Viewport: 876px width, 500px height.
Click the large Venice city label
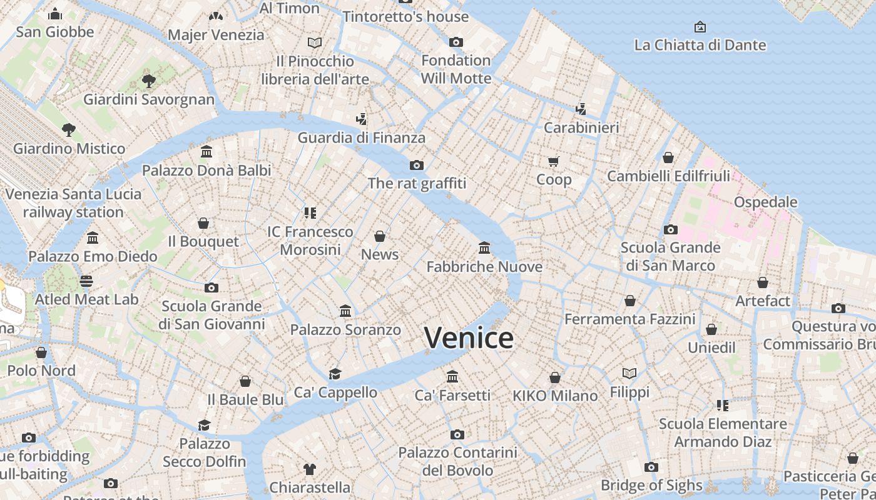pos(469,338)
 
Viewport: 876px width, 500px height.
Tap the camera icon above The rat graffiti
pos(417,165)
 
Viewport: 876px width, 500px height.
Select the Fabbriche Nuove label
pos(484,267)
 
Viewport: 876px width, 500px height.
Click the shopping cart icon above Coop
pos(554,162)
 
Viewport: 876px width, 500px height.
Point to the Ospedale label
pos(765,202)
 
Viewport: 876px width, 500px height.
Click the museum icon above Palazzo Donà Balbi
pos(206,152)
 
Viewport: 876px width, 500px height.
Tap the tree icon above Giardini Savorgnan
pos(148,81)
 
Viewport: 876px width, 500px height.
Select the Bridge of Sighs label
pos(651,485)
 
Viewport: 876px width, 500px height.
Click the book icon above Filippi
pos(629,374)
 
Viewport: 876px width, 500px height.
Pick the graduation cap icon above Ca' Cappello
pos(335,374)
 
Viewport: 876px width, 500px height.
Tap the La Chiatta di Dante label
pos(700,45)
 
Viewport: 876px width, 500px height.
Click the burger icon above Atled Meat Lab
pos(86,281)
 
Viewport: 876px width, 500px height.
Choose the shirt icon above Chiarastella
pos(310,469)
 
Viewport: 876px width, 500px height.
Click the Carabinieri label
pos(581,127)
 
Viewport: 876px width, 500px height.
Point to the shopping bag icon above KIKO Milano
pos(555,377)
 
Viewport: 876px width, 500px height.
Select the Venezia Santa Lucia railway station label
pos(73,203)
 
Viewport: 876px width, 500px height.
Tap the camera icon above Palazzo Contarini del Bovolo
pos(457,434)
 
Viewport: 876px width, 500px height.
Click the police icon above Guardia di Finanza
pos(361,119)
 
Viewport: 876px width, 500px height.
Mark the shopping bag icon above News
pos(380,236)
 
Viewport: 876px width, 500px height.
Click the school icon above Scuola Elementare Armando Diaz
pos(723,406)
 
